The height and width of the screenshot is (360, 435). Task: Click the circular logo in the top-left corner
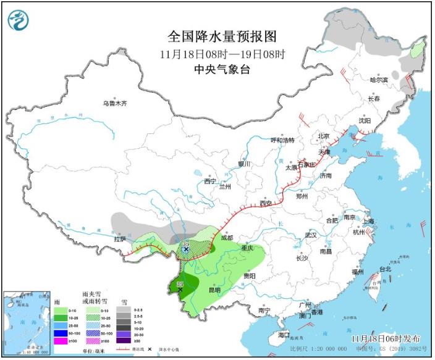(19, 20)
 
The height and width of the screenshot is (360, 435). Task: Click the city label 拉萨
(120, 238)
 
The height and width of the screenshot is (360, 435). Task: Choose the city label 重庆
(247, 248)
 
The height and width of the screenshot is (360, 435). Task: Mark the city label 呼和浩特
(284, 140)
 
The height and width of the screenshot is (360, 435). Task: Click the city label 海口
(284, 334)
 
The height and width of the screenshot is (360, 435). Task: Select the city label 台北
(385, 269)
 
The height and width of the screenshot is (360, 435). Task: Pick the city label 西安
(266, 203)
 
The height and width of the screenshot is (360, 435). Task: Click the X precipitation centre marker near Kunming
(180, 289)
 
